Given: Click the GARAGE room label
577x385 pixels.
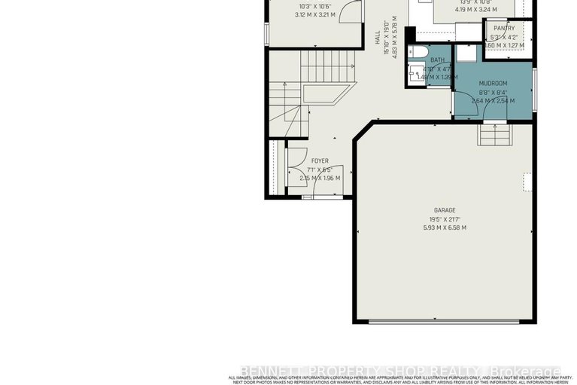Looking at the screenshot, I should pos(445,210).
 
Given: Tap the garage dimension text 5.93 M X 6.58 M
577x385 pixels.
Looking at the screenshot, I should pos(445,227).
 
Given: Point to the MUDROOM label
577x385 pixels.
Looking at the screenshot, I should pos(493,83).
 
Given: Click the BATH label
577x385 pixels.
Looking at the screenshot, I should pos(437,60).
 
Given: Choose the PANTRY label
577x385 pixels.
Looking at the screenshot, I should pos(504,28).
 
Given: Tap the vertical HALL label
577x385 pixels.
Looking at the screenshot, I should pos(378,37).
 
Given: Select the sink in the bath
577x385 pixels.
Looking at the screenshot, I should pos(414,73).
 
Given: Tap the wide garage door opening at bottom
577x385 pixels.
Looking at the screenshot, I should pos(446,322).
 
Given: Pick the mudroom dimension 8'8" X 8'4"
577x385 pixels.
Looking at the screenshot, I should pos(493,92).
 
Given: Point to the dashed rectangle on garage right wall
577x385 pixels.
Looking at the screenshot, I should pos(528,182).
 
